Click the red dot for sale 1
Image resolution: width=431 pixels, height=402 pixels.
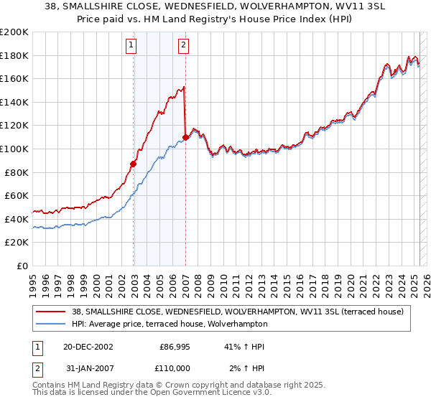134,164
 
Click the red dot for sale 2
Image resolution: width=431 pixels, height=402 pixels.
186,137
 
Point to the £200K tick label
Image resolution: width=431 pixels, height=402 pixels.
14,32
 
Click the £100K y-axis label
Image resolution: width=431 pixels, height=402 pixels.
14,149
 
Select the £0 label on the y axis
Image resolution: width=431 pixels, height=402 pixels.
22,266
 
